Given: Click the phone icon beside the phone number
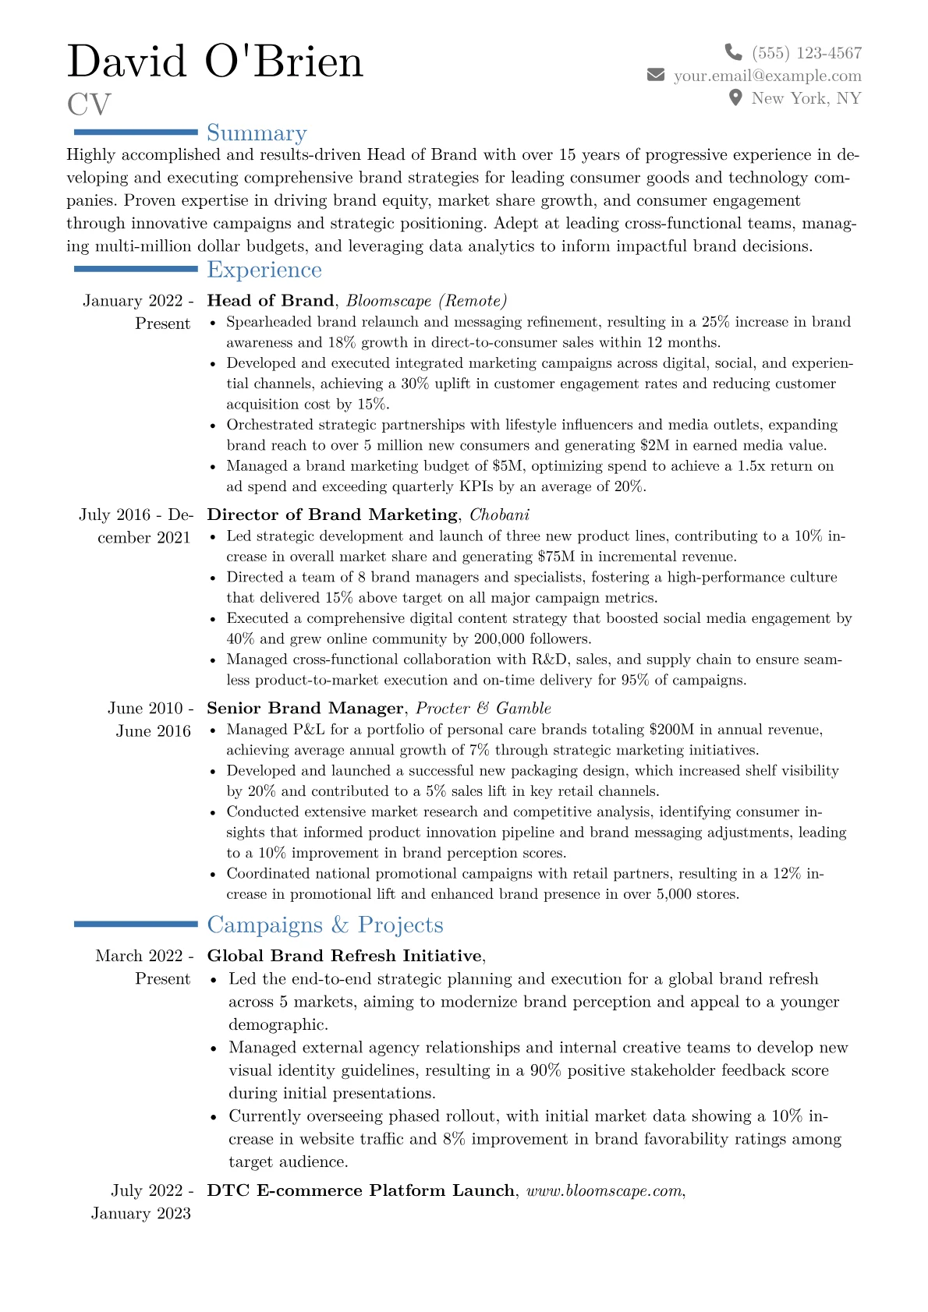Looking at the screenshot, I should click(733, 52).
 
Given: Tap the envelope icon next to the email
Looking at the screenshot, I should click(656, 76).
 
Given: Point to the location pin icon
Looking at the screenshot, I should click(735, 98).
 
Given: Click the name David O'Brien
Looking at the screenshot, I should click(215, 62).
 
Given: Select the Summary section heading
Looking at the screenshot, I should click(257, 133).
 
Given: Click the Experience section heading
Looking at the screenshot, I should click(264, 270).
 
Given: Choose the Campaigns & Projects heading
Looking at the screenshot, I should click(325, 925).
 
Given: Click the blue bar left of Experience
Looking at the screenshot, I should click(136, 269).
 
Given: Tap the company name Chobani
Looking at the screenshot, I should click(499, 515).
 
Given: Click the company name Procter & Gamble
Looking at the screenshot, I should click(483, 708).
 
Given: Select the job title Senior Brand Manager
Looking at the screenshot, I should click(305, 708).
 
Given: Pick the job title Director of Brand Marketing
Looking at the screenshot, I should click(332, 515).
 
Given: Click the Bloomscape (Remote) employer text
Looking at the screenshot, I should click(427, 301).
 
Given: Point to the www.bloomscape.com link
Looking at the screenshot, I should click(604, 1190).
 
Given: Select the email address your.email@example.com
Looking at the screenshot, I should click(767, 76).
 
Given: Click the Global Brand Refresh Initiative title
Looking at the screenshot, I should click(345, 956).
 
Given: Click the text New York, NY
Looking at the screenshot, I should click(806, 98).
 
